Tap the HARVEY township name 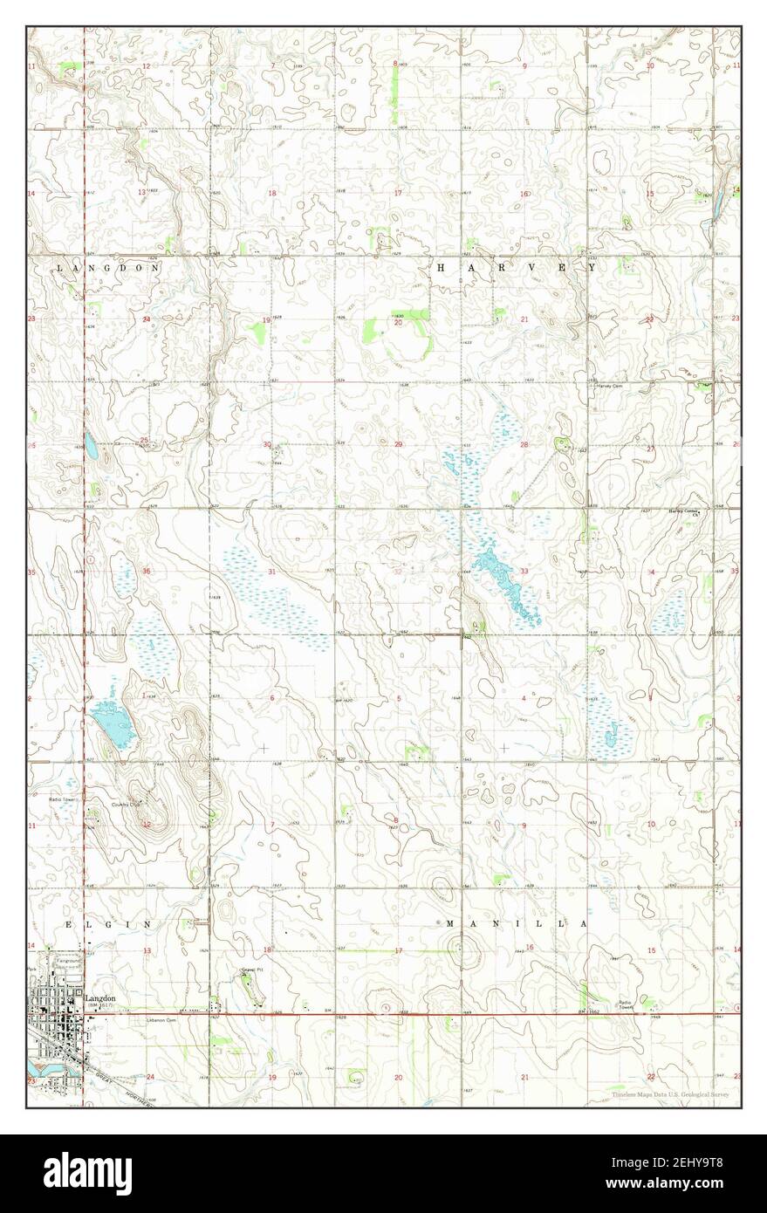pos(515,270)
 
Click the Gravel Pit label pos(252,970)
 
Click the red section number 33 pos(525,572)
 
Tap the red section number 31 pos(272,572)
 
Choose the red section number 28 pos(524,445)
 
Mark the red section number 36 pos(147,572)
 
